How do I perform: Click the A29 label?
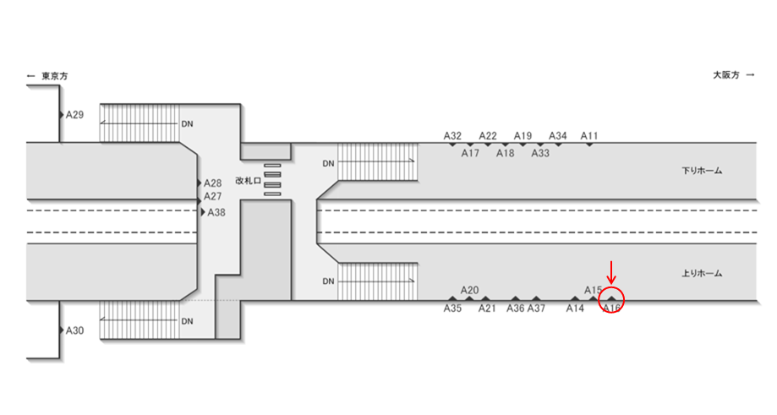point(75,115)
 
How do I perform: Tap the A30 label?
point(75,330)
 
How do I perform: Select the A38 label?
point(216,212)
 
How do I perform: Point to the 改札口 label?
point(248,181)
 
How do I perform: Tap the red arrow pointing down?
point(611,272)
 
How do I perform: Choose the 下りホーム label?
point(702,171)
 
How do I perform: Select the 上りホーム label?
point(702,273)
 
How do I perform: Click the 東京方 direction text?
point(54,76)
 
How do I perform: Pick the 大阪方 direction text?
point(726,75)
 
